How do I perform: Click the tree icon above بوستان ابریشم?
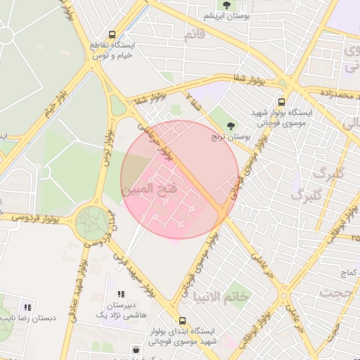pos(226,6)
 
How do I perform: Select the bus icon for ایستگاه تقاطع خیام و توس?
pos(112,34)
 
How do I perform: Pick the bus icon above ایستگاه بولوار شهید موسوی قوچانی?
pos(282,101)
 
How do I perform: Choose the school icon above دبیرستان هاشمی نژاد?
pos(120,294)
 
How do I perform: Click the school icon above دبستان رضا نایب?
pos(27,307)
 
